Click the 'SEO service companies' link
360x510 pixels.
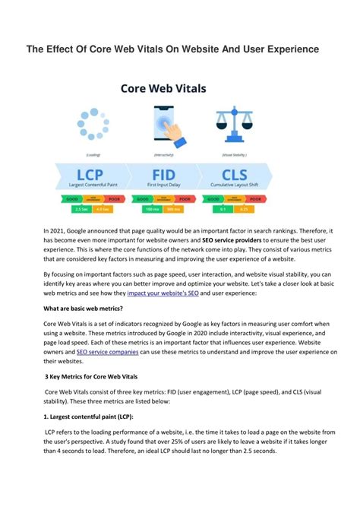tap(107, 352)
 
